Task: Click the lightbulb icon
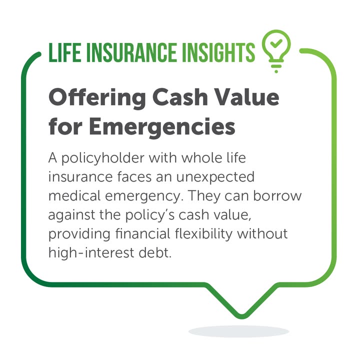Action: pos(276,51)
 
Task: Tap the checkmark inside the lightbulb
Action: pos(276,43)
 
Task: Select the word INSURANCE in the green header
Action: pos(132,52)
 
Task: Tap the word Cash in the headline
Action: pos(180,98)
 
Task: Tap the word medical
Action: pos(74,196)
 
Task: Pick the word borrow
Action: pos(277,196)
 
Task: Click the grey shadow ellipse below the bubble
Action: pos(238,331)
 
